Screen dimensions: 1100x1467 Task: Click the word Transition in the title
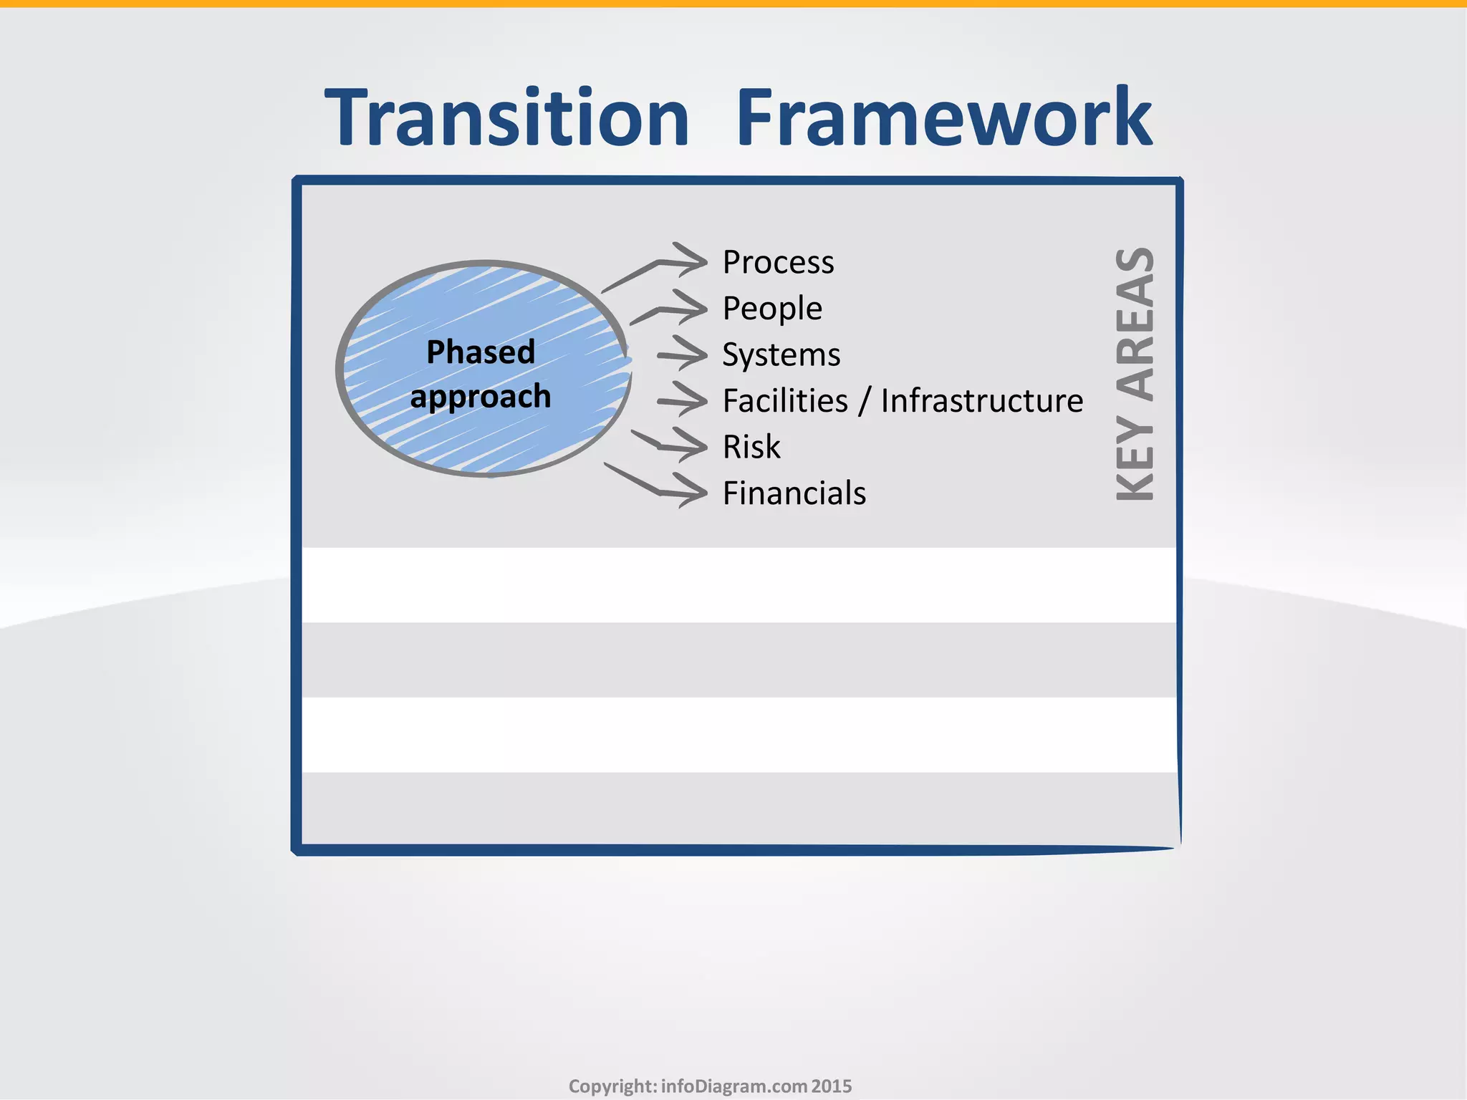pyautogui.click(x=507, y=118)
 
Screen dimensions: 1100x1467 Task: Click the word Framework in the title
pyautogui.click(x=943, y=118)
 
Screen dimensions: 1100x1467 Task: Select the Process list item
pyautogui.click(x=778, y=262)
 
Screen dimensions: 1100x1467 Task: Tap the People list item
pyautogui.click(x=772, y=309)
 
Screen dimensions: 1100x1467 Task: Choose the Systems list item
pyautogui.click(x=781, y=355)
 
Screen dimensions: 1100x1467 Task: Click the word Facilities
pyautogui.click(x=785, y=401)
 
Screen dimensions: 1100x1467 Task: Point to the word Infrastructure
pyautogui.click(x=981, y=401)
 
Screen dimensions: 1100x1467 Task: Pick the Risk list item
pyautogui.click(x=751, y=448)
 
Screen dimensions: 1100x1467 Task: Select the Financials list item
pyautogui.click(x=794, y=494)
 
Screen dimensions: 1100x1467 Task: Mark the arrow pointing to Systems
pyautogui.click(x=684, y=354)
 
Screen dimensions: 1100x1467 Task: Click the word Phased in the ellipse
pyautogui.click(x=481, y=352)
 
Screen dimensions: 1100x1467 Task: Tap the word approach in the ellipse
pyautogui.click(x=481, y=397)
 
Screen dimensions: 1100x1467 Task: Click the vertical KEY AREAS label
pyautogui.click(x=1135, y=374)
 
